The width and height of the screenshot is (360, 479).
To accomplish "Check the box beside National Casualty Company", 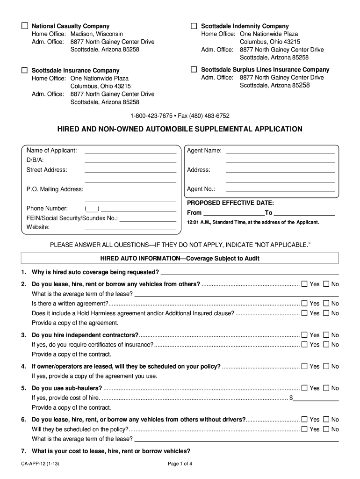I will [x=25, y=26].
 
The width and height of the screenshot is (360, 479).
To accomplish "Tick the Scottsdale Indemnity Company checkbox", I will [x=194, y=26].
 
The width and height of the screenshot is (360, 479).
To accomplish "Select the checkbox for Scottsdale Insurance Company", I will [x=25, y=70].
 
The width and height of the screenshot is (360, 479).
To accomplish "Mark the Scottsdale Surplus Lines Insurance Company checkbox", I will [x=194, y=69].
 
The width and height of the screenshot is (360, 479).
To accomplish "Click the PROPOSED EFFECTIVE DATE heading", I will [x=230, y=203].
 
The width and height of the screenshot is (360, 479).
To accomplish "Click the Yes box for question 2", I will [x=305, y=284].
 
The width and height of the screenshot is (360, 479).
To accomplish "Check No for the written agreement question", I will [x=326, y=304].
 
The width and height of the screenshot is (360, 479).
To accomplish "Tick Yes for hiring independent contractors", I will [x=305, y=335].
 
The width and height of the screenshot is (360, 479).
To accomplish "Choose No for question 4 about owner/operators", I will [x=326, y=366].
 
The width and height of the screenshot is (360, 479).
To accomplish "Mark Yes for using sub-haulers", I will [x=305, y=388].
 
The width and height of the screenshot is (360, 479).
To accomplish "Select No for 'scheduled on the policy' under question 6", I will [x=326, y=429].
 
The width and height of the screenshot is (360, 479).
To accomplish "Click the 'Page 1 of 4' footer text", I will [x=180, y=464].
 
